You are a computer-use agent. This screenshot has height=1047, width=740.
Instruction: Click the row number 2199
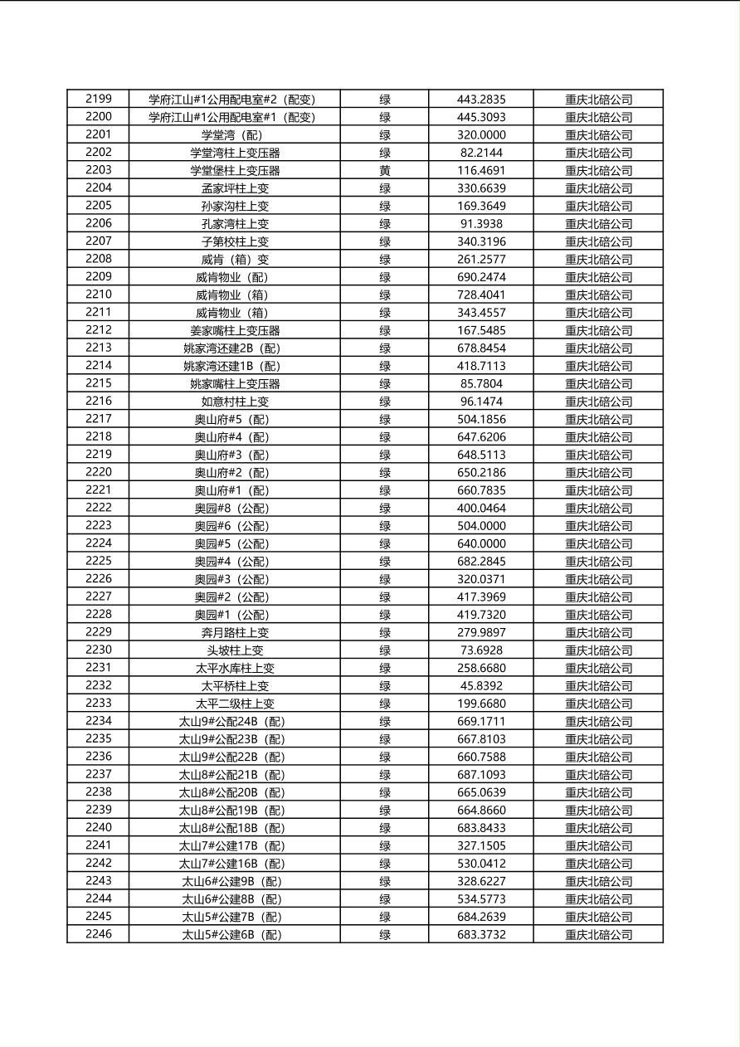click(98, 99)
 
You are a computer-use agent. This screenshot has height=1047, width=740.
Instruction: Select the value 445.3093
click(481, 117)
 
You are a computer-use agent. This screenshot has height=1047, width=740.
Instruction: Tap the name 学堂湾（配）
click(231, 135)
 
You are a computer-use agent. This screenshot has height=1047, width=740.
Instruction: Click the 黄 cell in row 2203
click(385, 170)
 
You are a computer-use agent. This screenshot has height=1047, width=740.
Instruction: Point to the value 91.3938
click(481, 223)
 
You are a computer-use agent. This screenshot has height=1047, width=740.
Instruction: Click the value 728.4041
click(481, 295)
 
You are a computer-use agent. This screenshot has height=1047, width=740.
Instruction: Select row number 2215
click(98, 383)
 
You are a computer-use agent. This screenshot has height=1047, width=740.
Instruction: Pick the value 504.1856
click(481, 419)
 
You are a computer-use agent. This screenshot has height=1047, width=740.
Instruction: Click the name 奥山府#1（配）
click(231, 490)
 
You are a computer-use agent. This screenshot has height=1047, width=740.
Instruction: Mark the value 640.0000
click(481, 543)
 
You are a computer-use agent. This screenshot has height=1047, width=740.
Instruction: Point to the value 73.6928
click(481, 650)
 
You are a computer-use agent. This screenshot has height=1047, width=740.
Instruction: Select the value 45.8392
click(481, 685)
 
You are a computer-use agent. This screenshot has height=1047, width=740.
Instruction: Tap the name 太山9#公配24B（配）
click(231, 722)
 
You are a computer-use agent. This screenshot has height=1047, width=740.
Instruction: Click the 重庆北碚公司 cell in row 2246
click(598, 934)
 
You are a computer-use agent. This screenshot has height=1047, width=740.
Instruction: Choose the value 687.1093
click(481, 774)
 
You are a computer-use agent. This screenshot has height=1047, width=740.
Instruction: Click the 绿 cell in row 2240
click(385, 828)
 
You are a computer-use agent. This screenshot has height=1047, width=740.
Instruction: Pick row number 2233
click(98, 703)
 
